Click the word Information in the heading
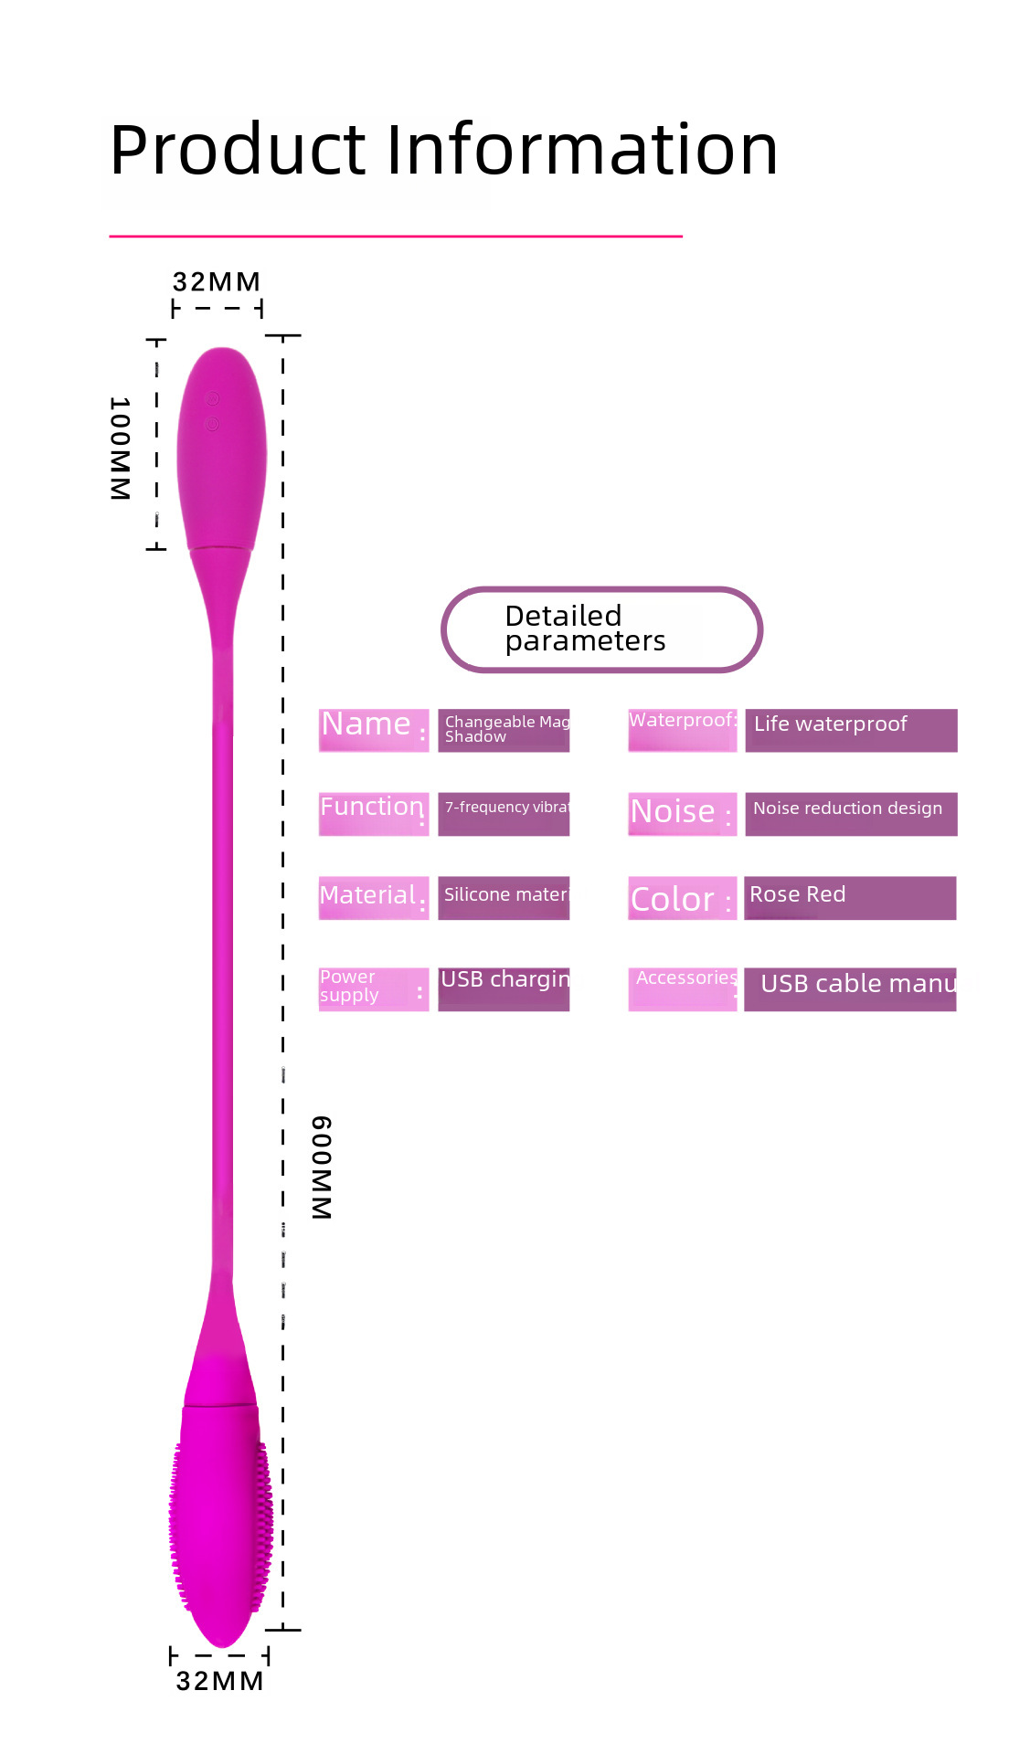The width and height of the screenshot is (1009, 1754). pyautogui.click(x=582, y=149)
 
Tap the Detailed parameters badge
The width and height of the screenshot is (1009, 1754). pyautogui.click(x=601, y=629)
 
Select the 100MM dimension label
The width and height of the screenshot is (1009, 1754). pyautogui.click(x=120, y=448)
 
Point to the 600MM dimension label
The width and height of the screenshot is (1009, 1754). pyautogui.click(x=321, y=1167)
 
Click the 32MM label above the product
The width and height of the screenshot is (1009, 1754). pyautogui.click(x=217, y=281)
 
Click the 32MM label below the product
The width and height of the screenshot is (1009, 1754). pyautogui.click(x=219, y=1681)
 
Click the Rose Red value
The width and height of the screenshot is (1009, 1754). pyautogui.click(x=798, y=895)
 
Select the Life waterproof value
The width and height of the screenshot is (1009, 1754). pyautogui.click(x=830, y=724)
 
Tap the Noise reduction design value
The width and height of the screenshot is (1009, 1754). pyautogui.click(x=847, y=808)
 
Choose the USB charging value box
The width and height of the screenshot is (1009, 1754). pyautogui.click(x=504, y=988)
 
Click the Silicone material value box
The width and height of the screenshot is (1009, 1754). pyautogui.click(x=504, y=897)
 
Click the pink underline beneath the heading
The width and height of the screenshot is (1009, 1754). pyautogui.click(x=396, y=237)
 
